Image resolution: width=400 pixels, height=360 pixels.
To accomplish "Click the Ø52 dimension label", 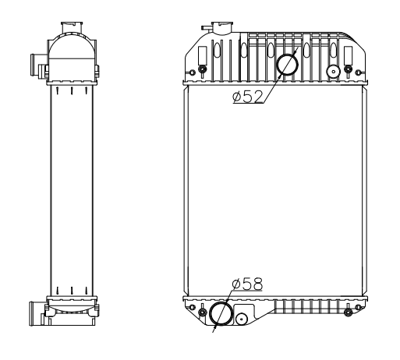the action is tap(248, 97).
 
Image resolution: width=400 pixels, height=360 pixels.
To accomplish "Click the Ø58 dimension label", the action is tap(247, 284).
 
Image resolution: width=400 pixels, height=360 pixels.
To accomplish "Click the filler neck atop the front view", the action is tap(222, 27).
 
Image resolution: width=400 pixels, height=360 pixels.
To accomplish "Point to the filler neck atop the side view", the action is tap(72, 27).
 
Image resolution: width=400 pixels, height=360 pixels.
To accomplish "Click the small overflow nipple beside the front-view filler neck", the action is tap(207, 28).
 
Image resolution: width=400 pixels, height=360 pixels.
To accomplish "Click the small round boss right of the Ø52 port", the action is tap(334, 71).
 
